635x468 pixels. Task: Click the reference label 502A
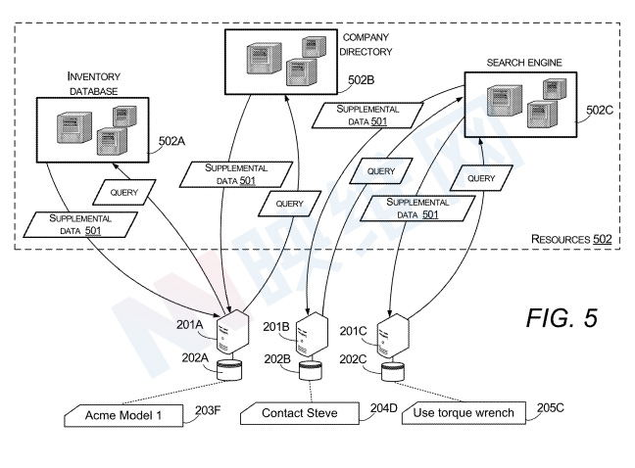tap(172, 140)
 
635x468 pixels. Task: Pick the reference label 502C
tap(601, 110)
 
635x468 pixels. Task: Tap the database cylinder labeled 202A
tap(231, 370)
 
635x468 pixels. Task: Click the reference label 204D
tap(383, 406)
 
